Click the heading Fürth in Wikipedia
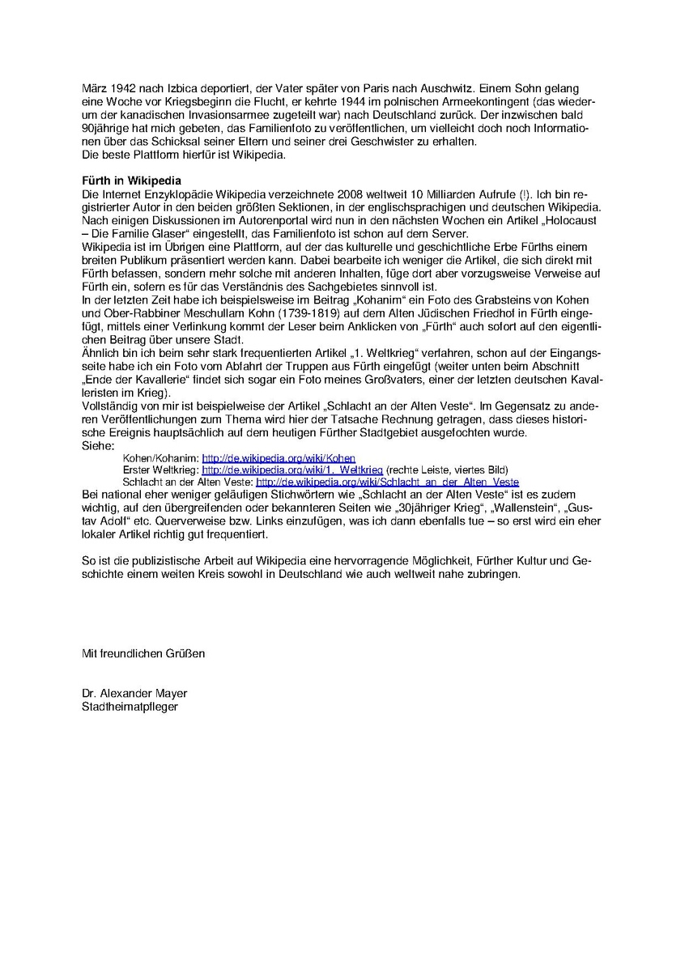click(x=131, y=180)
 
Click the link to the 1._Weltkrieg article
click(x=292, y=470)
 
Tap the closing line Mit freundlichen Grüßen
click(x=143, y=652)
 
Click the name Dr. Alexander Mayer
click(x=134, y=694)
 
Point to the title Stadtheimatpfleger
click(x=130, y=706)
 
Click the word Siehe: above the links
click(x=98, y=446)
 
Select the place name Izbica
click(x=177, y=87)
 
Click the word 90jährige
click(x=107, y=128)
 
